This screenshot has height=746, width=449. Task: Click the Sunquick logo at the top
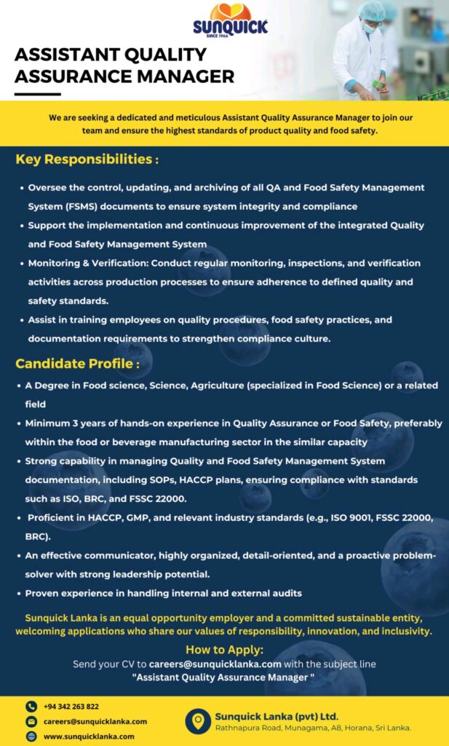click(x=230, y=20)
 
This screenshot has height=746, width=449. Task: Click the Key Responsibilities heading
click(x=87, y=160)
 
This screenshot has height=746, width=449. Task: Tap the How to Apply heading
click(x=224, y=650)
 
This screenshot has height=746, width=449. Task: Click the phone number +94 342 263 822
click(x=71, y=706)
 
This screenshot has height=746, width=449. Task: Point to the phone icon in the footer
click(x=31, y=706)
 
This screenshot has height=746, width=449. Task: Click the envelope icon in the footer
click(x=31, y=721)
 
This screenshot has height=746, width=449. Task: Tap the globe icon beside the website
click(x=31, y=737)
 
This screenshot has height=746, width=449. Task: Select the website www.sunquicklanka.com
click(x=89, y=737)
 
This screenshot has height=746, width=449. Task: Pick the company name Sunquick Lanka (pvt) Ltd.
click(x=277, y=715)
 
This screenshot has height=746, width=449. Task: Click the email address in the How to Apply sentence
click(x=215, y=664)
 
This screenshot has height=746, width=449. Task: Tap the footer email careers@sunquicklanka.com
click(x=95, y=721)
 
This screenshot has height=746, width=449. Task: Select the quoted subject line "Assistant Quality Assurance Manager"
click(x=223, y=678)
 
